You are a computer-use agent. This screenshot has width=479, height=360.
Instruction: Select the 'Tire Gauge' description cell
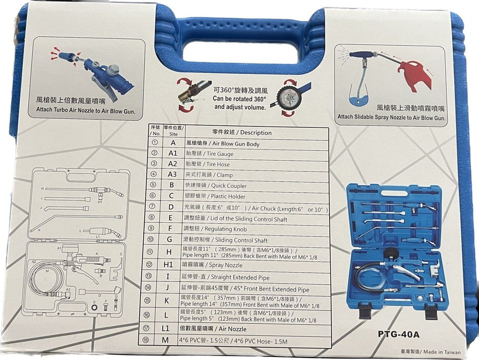click(x=209, y=154)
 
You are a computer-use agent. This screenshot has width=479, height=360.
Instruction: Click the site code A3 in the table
click(x=173, y=175)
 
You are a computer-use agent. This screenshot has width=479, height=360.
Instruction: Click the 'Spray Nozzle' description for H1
click(x=215, y=266)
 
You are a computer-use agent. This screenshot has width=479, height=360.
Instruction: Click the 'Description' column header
click(x=242, y=133)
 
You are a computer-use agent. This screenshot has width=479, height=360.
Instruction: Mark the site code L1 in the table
click(x=172, y=329)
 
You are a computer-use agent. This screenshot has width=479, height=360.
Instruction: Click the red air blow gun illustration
click(x=414, y=75)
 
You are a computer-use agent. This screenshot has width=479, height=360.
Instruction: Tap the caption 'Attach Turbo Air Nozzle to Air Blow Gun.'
click(x=86, y=111)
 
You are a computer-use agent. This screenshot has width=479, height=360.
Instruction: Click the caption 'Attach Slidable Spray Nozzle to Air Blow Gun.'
click(x=391, y=117)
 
